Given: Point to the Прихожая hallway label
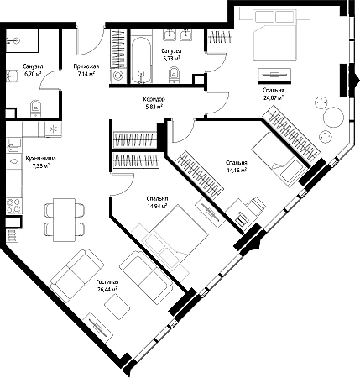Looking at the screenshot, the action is click(86, 66).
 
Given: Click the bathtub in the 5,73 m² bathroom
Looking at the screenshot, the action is click(142, 60).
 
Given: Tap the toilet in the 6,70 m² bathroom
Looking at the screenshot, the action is click(35, 108).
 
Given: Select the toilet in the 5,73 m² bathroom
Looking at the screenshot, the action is click(174, 75).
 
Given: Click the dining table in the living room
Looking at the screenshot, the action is click(64, 219).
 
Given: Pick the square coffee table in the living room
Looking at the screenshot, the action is click(117, 307).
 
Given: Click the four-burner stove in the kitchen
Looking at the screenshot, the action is click(13, 206).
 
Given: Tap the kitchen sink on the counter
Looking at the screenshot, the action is click(14, 145).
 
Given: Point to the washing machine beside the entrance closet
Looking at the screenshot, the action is click(117, 76).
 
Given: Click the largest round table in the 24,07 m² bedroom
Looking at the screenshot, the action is click(333, 118).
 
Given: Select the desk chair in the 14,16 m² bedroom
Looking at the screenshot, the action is click(256, 206).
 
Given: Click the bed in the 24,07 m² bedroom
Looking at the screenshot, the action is click(274, 35).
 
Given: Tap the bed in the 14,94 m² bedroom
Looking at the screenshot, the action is click(175, 238).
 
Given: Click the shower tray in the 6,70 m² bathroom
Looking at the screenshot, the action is click(22, 40).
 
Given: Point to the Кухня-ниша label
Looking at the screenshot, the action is click(40, 159).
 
